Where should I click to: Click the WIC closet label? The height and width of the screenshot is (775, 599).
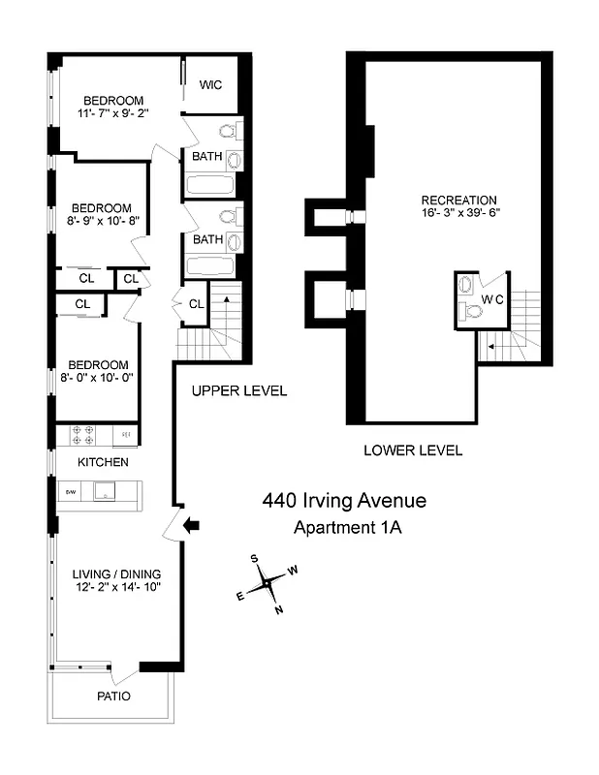[x=211, y=85]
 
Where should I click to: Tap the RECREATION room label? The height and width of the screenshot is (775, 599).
[x=458, y=201]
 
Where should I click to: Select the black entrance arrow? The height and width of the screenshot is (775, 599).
[x=192, y=525]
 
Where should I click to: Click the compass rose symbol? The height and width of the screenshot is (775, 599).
[x=267, y=583]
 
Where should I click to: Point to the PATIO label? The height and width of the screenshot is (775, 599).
[x=112, y=696]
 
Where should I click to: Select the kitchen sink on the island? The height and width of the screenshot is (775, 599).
[x=101, y=494]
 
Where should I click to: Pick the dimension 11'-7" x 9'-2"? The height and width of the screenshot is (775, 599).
[x=113, y=113]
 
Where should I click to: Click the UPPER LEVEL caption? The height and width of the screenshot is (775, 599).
[x=238, y=391]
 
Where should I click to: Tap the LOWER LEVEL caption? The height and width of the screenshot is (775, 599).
[x=413, y=450]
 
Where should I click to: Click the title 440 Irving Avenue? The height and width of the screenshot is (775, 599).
[x=344, y=501]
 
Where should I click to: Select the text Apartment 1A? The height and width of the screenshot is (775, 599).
[x=347, y=528]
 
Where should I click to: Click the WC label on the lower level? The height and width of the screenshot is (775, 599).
[x=494, y=299]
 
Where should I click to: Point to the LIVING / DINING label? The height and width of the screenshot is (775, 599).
[x=116, y=573]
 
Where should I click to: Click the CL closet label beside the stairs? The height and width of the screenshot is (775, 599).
[x=195, y=304]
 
